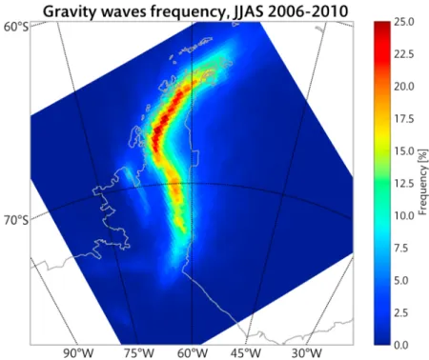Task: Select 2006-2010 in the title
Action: tap(310, 11)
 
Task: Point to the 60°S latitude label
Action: tap(16, 27)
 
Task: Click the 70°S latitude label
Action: tap(16, 220)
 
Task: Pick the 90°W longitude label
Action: tap(75, 353)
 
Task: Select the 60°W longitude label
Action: tap(193, 353)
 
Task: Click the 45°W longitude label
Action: tap(248, 353)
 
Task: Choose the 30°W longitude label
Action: tap(307, 353)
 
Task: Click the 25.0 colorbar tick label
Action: tap(404, 22)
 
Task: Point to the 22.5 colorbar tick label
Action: tap(404, 54)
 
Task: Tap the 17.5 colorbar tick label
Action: tap(404, 119)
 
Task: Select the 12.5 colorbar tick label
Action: tap(404, 184)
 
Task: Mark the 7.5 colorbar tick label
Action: tap(401, 249)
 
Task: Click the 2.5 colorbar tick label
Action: tap(401, 313)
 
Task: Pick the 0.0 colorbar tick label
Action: tap(401, 345)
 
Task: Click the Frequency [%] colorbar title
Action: tap(423, 182)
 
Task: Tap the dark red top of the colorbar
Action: tap(382, 25)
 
